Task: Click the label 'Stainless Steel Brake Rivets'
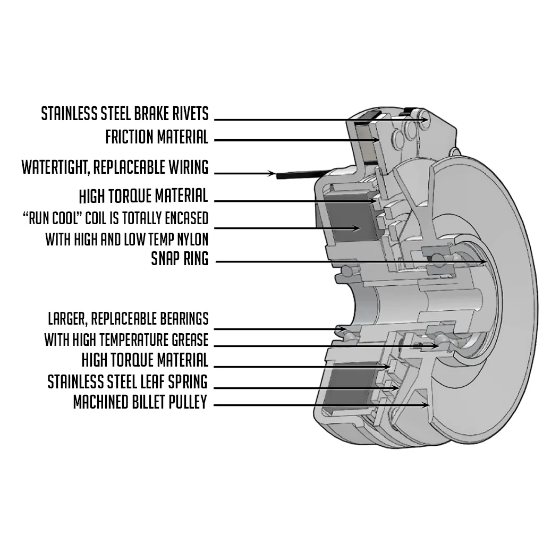coord(125,113)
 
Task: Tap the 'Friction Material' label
coord(156,137)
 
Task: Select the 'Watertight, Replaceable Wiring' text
coord(115,167)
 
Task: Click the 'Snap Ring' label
coord(180,259)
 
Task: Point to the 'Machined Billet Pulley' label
coord(140,402)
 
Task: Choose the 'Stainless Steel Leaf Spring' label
coord(128,381)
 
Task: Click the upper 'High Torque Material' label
coord(143,196)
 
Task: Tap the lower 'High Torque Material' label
coord(145,360)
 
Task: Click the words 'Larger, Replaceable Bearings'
coord(128,319)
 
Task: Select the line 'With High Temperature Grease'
coord(126,340)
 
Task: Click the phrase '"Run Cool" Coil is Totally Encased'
coord(115,218)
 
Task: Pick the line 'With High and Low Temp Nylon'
coord(126,239)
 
